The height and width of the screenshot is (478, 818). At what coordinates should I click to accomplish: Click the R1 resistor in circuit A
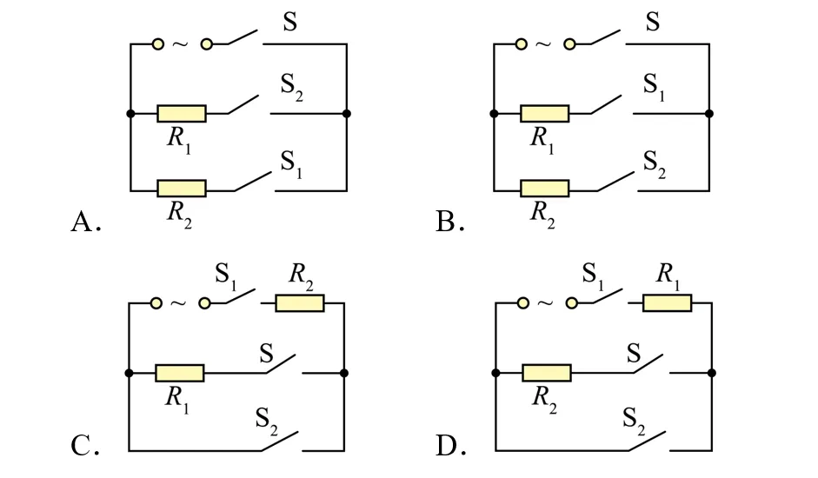(x=182, y=113)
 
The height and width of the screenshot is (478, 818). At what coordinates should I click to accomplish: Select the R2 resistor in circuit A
(x=182, y=189)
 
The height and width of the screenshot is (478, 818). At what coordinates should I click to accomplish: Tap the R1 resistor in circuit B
(x=545, y=113)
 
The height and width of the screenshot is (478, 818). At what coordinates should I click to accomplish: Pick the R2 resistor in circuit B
(x=545, y=189)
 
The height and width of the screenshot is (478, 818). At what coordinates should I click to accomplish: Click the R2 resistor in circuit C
(x=299, y=303)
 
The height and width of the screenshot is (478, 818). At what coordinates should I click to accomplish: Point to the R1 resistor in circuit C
(x=179, y=373)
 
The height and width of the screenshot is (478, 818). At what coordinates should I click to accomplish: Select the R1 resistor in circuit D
(x=668, y=303)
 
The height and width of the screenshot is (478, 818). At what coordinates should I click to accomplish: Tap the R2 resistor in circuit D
(x=547, y=373)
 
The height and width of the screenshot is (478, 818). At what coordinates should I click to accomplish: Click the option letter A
(x=82, y=222)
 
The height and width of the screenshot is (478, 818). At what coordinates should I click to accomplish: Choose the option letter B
(x=446, y=222)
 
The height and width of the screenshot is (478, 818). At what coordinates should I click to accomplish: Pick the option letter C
(x=81, y=446)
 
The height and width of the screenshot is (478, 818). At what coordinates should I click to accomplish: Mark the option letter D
(x=447, y=446)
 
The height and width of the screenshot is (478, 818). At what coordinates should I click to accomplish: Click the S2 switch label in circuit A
(x=291, y=87)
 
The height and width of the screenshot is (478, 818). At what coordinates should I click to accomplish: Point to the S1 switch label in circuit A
(x=291, y=164)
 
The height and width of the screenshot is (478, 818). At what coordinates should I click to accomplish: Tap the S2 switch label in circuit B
(x=655, y=164)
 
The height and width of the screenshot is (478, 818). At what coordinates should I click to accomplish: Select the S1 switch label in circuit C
(x=226, y=276)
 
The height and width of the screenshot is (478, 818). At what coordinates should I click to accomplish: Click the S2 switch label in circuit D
(x=634, y=421)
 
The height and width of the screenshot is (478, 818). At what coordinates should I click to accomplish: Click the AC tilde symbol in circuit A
(x=180, y=44)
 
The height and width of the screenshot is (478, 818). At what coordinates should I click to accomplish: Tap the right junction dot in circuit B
(x=709, y=113)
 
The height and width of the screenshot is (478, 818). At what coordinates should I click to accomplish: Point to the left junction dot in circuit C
(x=129, y=373)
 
